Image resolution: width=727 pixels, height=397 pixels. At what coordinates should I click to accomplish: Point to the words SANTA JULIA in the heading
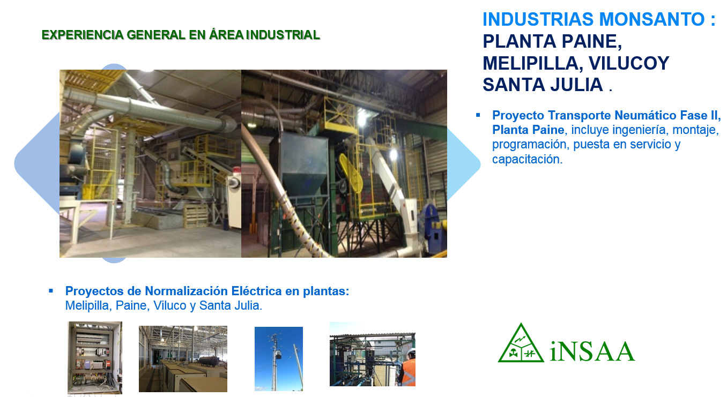543,85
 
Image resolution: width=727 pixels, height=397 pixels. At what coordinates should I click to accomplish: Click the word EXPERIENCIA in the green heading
83,35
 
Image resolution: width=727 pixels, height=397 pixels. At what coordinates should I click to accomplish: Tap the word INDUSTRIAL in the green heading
283,35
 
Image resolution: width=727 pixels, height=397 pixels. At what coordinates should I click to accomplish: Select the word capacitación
527,159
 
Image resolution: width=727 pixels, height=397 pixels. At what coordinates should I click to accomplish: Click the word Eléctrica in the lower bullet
256,291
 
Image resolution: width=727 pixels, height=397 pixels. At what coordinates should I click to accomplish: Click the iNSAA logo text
592,351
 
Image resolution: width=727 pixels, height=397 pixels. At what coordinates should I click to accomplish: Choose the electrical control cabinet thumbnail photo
95,357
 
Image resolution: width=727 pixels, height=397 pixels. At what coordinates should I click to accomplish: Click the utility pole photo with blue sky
278,359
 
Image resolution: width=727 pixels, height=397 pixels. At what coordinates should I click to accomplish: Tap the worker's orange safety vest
409,372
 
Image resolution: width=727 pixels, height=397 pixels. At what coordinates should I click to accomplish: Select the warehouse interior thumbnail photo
183,359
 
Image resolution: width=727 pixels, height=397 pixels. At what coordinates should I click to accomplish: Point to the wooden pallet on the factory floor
196,216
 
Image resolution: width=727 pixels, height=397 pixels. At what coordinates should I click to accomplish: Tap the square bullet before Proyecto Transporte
478,115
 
